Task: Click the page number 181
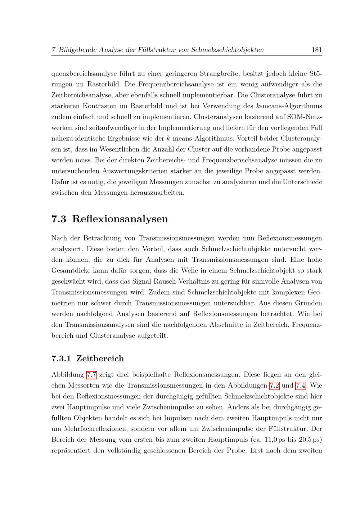tap(316, 50)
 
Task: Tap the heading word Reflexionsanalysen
tap(120, 219)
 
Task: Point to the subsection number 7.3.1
tap(62, 359)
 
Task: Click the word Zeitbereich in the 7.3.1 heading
tap(100, 359)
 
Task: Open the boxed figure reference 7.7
tap(92, 375)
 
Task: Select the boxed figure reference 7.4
tap(301, 386)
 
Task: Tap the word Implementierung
tap(183, 128)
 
